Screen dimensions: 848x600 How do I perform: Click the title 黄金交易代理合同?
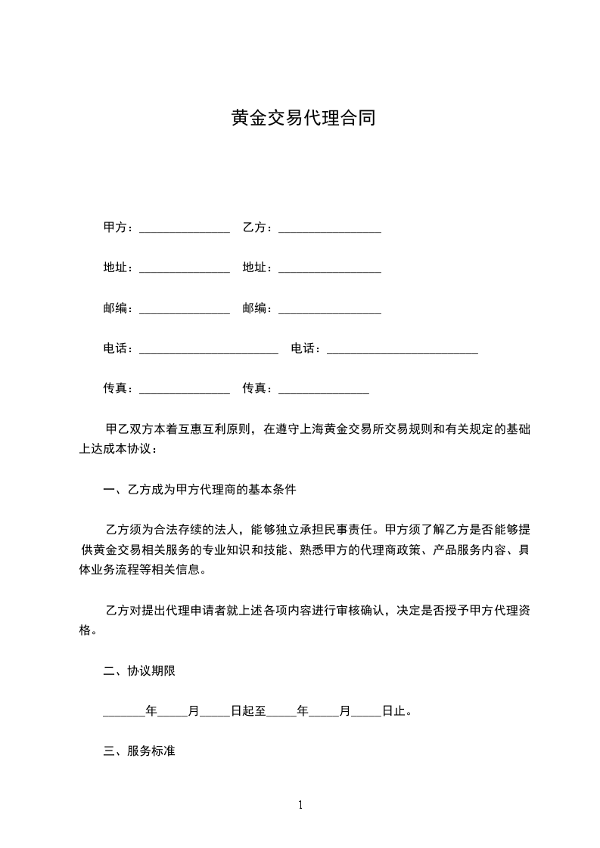303,119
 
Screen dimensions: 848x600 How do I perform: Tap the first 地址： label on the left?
118,268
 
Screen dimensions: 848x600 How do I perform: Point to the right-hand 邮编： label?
257,308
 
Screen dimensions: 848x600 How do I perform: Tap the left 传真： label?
118,388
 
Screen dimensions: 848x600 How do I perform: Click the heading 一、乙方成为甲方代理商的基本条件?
200,490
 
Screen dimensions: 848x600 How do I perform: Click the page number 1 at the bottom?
300,805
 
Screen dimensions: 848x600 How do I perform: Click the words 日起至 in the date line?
248,711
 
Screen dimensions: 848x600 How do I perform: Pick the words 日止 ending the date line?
393,711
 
